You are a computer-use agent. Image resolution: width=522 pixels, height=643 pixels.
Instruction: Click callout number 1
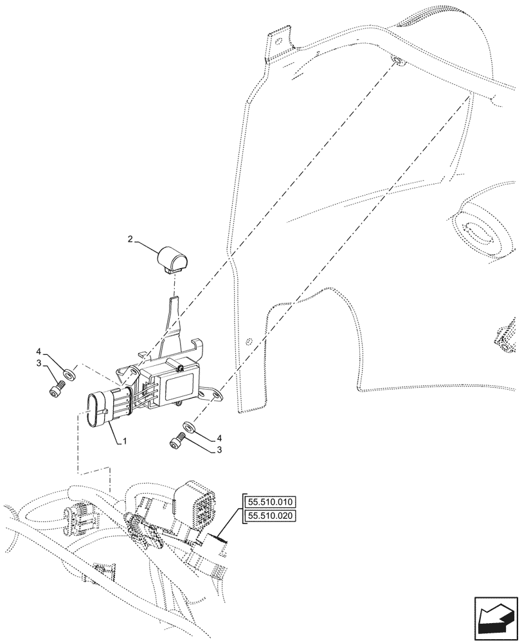coord(125,442)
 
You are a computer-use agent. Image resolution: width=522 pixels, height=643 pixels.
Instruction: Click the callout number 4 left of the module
coord(39,352)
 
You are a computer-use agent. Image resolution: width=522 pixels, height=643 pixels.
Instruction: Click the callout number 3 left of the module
coord(39,363)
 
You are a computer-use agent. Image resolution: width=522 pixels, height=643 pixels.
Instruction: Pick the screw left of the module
coord(57,388)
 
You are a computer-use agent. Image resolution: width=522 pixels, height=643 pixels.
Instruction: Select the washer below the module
coord(189,427)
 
